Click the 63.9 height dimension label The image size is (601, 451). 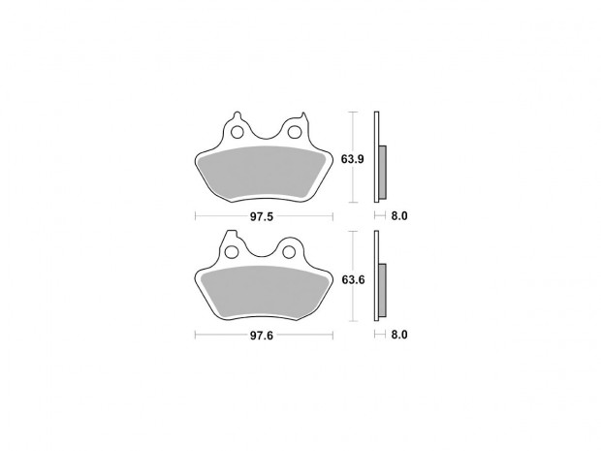point(352,159)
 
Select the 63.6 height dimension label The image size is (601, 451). point(353,280)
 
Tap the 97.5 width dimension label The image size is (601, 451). point(262,216)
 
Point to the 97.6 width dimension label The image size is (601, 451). point(262,336)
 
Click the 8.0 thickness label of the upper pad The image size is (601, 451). point(399,216)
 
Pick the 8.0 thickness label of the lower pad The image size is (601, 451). point(399,335)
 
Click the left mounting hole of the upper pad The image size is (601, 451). point(237,132)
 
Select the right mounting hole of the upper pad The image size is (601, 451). point(295,132)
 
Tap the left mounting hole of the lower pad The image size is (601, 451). point(231,252)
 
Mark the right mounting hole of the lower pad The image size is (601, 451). point(289,252)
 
